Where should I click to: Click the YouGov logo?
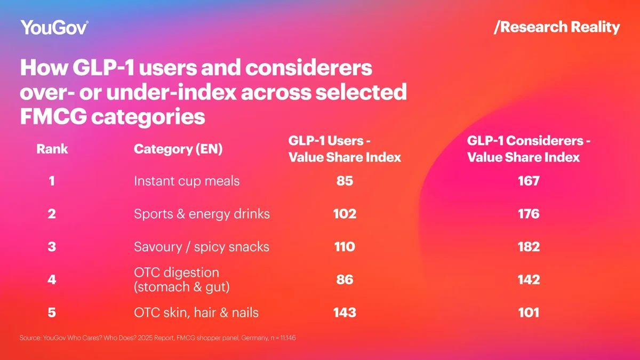(54, 27)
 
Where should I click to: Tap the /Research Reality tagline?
(557, 27)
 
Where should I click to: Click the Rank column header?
(52, 149)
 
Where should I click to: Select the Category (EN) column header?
(178, 149)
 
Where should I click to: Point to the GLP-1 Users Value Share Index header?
(345, 149)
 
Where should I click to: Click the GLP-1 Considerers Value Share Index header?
(528, 149)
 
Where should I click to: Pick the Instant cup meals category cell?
(187, 181)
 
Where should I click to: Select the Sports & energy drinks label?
(202, 214)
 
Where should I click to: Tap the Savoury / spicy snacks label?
(202, 247)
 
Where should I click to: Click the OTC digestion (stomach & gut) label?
(182, 279)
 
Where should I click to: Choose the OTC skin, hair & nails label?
(196, 313)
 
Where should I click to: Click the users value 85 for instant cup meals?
(345, 181)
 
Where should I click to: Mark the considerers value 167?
(529, 181)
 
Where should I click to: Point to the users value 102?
(345, 214)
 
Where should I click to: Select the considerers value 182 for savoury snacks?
(529, 247)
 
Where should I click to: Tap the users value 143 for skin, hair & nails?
(345, 313)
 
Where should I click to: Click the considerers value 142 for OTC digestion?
(529, 279)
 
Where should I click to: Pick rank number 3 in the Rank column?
(52, 247)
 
